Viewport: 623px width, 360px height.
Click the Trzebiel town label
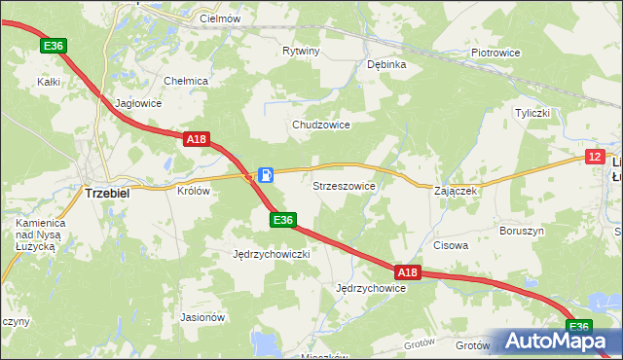[115, 193]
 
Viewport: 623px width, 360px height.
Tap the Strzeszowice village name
[344, 185]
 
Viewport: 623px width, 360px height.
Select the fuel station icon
[266, 174]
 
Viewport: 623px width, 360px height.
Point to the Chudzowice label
[321, 126]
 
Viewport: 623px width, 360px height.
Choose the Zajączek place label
[456, 191]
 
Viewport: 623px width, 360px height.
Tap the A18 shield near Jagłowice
[197, 139]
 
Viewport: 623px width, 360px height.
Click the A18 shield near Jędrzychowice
[407, 272]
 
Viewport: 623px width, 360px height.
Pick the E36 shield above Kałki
[54, 45]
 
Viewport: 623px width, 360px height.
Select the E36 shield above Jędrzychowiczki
[282, 221]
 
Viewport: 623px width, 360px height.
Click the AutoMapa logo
[556, 342]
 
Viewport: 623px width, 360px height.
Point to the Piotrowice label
[495, 53]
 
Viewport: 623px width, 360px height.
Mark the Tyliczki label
[532, 113]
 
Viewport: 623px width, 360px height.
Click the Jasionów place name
[203, 316]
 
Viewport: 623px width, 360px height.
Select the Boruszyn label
[521, 231]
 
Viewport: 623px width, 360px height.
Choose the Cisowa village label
[451, 245]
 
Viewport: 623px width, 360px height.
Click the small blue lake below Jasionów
[263, 343]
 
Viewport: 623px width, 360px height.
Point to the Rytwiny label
[301, 50]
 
